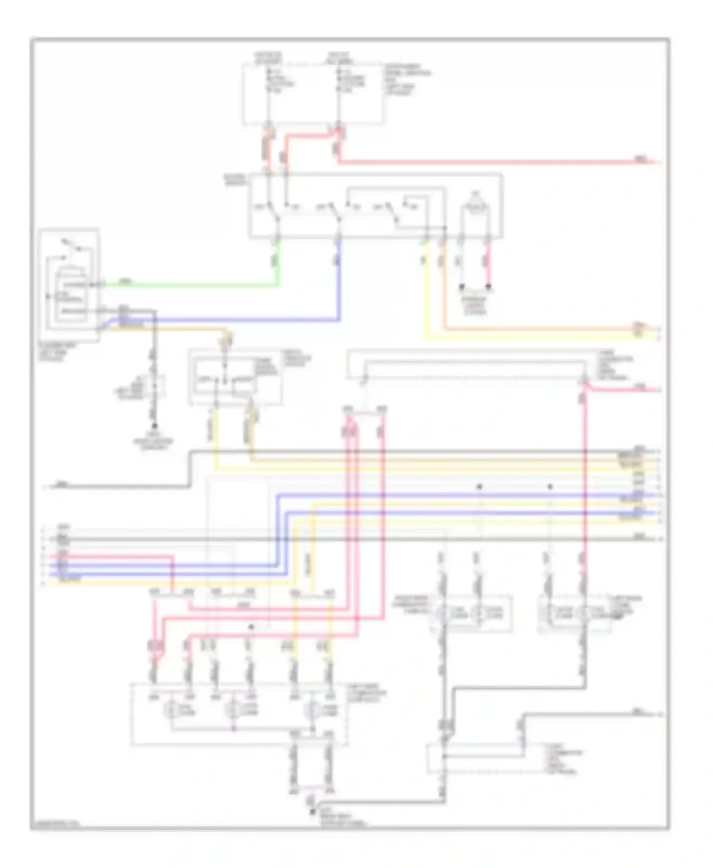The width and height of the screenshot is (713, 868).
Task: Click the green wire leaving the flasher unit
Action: point(190,285)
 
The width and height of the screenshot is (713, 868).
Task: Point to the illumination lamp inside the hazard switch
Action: point(474,208)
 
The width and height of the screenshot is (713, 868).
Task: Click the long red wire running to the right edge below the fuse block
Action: point(475,162)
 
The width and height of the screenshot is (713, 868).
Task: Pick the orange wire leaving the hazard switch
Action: point(523,329)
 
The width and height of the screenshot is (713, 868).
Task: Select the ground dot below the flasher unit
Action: point(154,426)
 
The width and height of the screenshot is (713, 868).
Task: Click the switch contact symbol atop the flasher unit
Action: point(71,245)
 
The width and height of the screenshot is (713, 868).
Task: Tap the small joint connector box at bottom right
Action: point(475,758)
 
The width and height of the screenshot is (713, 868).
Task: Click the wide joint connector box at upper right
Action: point(475,364)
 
